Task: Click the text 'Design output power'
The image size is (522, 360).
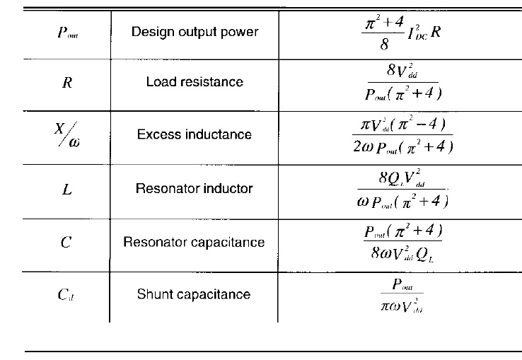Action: pyautogui.click(x=194, y=32)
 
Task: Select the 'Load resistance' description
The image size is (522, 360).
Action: pyautogui.click(x=194, y=81)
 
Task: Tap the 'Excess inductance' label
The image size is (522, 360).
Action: pyautogui.click(x=194, y=134)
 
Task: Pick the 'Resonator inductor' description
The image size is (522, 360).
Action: pyautogui.click(x=194, y=189)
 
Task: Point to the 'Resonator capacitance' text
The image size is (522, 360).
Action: pyautogui.click(x=194, y=242)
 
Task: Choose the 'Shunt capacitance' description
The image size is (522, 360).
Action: pyautogui.click(x=194, y=294)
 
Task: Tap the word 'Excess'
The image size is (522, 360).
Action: pyautogui.click(x=157, y=134)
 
